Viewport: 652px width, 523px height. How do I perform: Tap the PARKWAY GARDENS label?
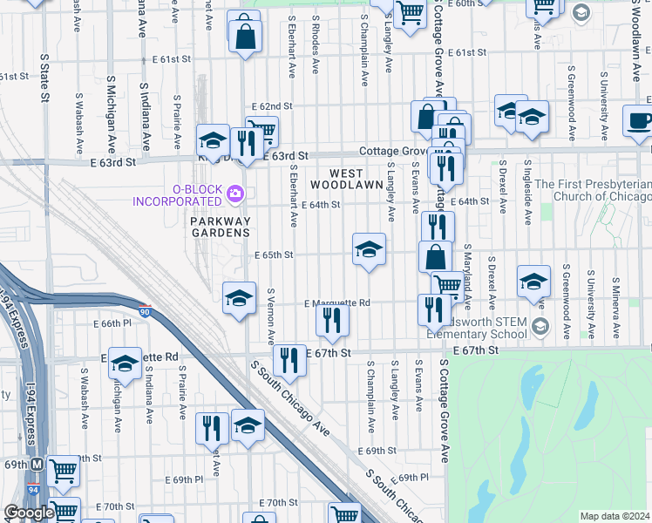(x=221, y=226)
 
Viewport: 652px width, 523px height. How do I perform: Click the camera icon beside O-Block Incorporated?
(x=234, y=193)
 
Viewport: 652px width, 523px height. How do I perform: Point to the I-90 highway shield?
(x=145, y=309)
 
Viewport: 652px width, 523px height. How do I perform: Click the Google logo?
(x=29, y=513)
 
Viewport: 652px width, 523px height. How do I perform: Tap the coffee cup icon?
(x=640, y=121)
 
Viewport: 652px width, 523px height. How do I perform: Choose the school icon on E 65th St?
(x=369, y=250)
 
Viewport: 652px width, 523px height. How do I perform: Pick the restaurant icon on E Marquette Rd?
(x=332, y=321)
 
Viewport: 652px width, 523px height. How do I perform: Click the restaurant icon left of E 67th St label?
(x=289, y=360)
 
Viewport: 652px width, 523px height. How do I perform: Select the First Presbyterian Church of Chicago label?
(x=592, y=191)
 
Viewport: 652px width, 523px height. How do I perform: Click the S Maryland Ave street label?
(x=467, y=277)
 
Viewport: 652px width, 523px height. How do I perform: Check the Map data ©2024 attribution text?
(x=615, y=516)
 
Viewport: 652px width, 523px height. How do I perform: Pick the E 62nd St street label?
(x=270, y=105)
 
